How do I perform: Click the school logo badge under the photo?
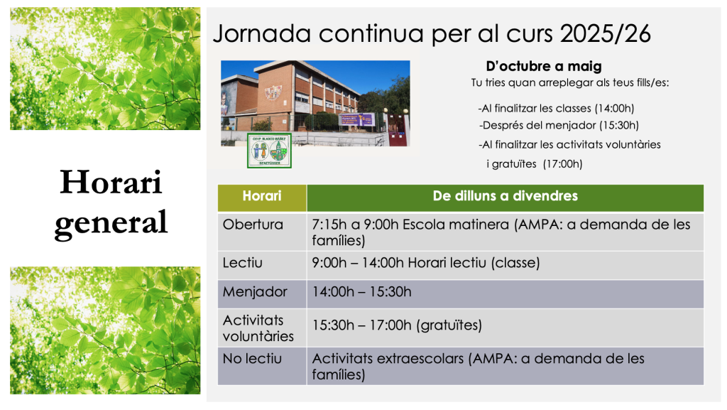[x=269, y=150]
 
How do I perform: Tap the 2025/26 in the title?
[x=606, y=34]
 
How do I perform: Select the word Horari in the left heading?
[x=111, y=182]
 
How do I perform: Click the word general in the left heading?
[x=111, y=223]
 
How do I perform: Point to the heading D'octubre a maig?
[x=544, y=66]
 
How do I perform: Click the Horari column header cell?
[x=262, y=198]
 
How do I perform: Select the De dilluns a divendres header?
[x=505, y=198]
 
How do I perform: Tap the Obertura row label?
[x=253, y=225]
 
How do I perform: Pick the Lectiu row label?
[x=243, y=263]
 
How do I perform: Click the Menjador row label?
[x=255, y=292]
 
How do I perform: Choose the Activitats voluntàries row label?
[x=258, y=328]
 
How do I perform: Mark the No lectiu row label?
[x=252, y=359]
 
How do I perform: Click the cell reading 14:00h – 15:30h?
[x=361, y=292]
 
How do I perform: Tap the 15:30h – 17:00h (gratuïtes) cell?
[x=397, y=325]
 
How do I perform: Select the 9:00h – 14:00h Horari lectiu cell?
[x=426, y=263]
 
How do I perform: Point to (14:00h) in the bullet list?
[x=614, y=109]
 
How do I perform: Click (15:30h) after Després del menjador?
[x=619, y=125]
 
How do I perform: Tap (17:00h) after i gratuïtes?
[x=562, y=163]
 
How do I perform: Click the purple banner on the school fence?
[x=356, y=119]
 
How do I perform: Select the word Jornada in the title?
[x=262, y=34]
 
